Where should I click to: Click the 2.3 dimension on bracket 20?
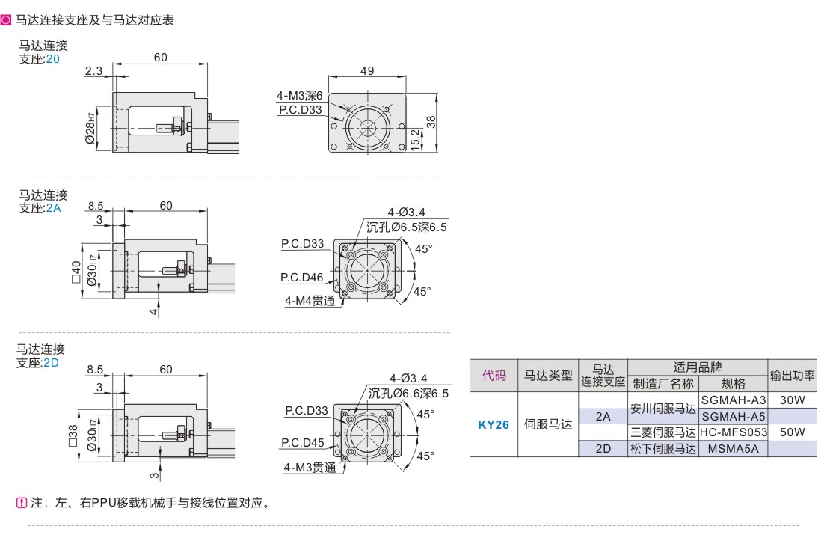tap(93, 71)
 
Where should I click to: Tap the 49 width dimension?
tap(366, 71)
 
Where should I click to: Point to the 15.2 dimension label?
tap(416, 139)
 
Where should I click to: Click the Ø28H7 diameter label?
tap(90, 129)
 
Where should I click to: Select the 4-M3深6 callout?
tap(299, 96)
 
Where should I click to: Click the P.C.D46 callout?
tap(302, 278)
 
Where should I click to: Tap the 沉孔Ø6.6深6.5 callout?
tap(408, 393)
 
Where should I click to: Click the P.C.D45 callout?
tap(303, 442)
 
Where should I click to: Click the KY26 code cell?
tap(494, 424)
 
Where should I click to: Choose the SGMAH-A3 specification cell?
tap(734, 400)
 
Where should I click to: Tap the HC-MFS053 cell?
tap(734, 432)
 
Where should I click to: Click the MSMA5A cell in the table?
tap(734, 449)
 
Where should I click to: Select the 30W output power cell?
tap(792, 400)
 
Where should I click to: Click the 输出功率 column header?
tap(793, 375)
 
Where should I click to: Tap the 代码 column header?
tap(494, 375)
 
